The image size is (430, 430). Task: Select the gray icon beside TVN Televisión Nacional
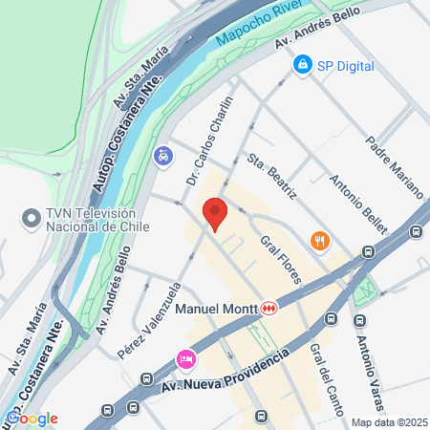tap(31, 220)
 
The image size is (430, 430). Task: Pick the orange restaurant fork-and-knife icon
tap(319, 242)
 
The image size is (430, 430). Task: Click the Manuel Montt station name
tap(219, 309)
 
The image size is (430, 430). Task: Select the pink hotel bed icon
tap(186, 361)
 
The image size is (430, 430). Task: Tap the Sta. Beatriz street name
tap(271, 177)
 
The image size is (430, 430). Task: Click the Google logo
tap(32, 418)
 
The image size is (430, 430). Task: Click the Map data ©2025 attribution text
tap(387, 422)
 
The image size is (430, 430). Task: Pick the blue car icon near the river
tap(164, 154)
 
